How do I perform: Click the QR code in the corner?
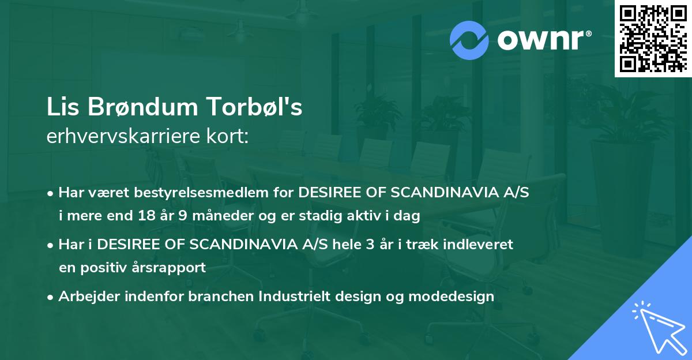click(x=652, y=38)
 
